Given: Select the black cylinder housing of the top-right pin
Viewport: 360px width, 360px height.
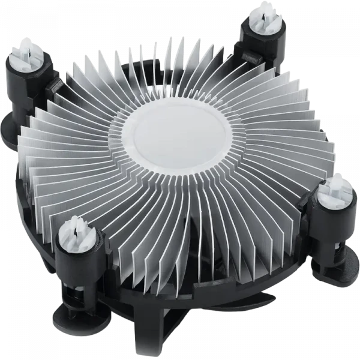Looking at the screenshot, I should (x=262, y=40).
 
